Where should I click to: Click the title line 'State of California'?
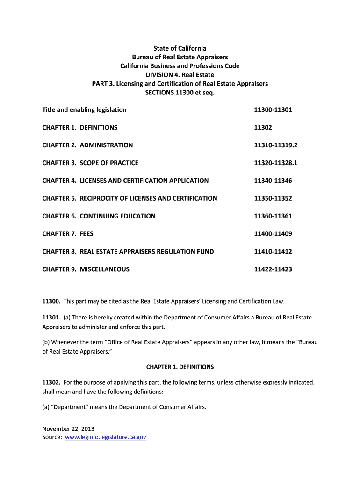point(180,48)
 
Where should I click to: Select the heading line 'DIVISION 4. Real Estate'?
point(180,75)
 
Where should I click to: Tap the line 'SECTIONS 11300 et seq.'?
point(180,92)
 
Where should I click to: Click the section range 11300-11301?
point(273,110)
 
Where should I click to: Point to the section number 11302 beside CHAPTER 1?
point(263,128)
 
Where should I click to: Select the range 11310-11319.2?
point(275,145)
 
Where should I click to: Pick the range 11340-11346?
point(273,181)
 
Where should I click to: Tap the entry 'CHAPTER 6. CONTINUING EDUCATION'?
point(99,216)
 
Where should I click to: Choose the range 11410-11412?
point(273,252)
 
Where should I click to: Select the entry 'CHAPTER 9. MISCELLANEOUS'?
point(86,269)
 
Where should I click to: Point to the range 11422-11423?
point(273,269)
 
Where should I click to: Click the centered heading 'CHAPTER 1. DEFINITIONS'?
point(180,367)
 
